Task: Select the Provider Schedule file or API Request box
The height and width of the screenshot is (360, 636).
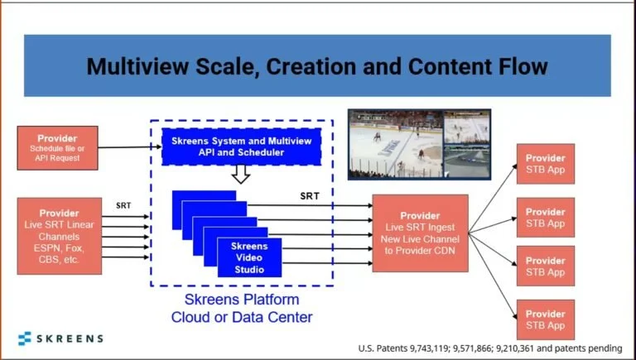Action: pyautogui.click(x=57, y=147)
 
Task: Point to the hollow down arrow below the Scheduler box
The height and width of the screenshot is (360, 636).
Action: pyautogui.click(x=240, y=174)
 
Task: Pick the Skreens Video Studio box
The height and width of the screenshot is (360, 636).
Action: pyautogui.click(x=248, y=257)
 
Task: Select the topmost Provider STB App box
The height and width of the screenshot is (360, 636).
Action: pyautogui.click(x=545, y=163)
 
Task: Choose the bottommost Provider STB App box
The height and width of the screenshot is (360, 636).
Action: pyautogui.click(x=545, y=319)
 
